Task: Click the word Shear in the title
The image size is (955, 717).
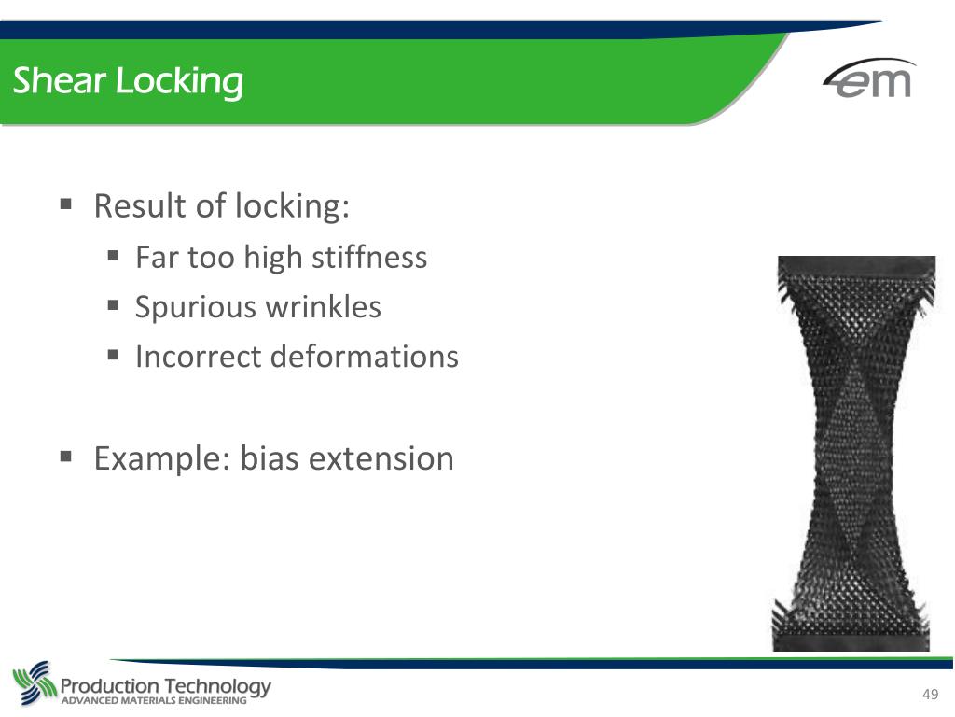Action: pyautogui.click(x=60, y=82)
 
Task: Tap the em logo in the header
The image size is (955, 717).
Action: pyautogui.click(x=869, y=79)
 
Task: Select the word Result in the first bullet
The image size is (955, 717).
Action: pyautogui.click(x=140, y=205)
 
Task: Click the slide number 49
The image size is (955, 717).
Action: pyautogui.click(x=929, y=694)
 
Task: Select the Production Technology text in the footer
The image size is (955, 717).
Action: pyautogui.click(x=166, y=686)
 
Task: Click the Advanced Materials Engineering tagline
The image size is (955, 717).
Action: pyautogui.click(x=154, y=700)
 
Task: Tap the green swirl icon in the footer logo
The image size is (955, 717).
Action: pyautogui.click(x=34, y=683)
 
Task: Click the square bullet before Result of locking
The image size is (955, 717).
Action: pyautogui.click(x=66, y=203)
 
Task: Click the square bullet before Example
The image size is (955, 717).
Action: pyautogui.click(x=66, y=456)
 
